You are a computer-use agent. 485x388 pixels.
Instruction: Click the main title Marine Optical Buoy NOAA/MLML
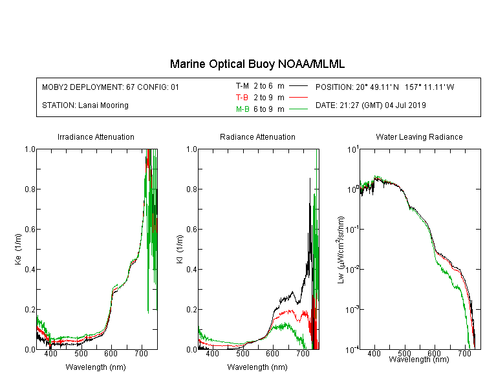[257, 64]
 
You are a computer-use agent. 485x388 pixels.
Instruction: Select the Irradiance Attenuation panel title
[96, 136]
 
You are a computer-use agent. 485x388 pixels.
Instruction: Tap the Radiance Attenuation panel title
[257, 136]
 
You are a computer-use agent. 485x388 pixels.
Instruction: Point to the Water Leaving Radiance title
[419, 136]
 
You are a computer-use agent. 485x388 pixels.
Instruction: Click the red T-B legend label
[242, 98]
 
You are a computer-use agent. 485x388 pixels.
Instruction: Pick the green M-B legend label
[242, 109]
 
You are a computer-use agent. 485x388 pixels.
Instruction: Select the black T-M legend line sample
[298, 86]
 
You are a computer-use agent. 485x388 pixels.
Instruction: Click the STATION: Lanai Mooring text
[85, 105]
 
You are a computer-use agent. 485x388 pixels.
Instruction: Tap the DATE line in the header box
[371, 105]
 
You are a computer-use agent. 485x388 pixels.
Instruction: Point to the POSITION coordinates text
[385, 87]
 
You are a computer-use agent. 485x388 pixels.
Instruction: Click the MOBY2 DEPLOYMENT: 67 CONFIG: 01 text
[111, 87]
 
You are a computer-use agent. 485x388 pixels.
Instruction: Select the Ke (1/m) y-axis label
[18, 249]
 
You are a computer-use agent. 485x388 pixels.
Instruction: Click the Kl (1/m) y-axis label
[180, 249]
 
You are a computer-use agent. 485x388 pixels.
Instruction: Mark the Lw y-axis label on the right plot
[341, 250]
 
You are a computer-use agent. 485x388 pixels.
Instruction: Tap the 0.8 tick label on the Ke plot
[30, 189]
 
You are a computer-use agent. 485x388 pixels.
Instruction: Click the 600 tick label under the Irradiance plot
[111, 353]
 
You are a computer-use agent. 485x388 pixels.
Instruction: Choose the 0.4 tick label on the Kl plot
[192, 269]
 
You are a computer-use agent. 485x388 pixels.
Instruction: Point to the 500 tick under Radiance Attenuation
[242, 353]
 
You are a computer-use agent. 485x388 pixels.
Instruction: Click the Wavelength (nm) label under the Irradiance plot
[96, 367]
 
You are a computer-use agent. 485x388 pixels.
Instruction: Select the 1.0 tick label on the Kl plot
[192, 149]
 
